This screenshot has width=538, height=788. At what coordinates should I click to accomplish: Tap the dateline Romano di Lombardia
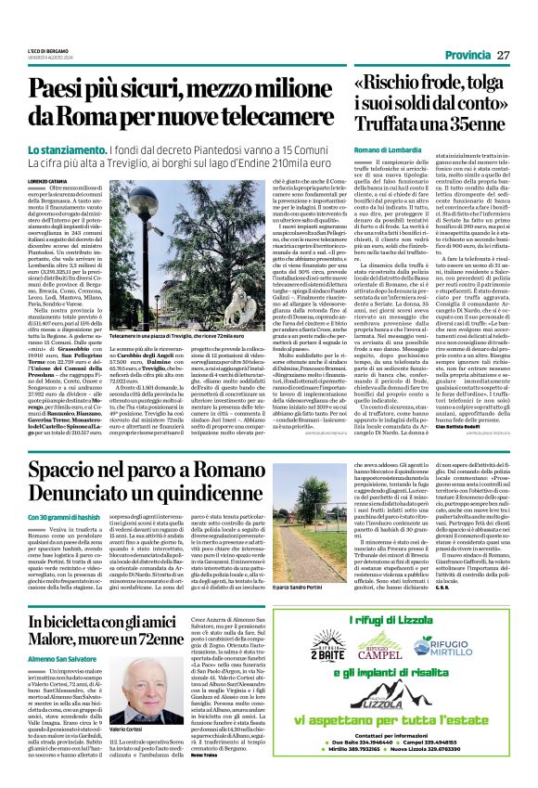tap(385, 149)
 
